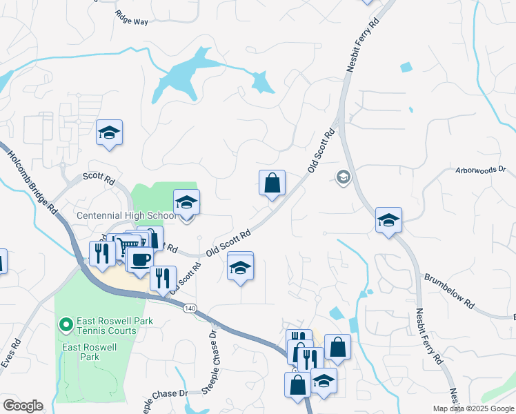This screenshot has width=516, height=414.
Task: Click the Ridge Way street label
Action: tap(131, 21)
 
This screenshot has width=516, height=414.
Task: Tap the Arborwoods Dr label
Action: tap(481, 169)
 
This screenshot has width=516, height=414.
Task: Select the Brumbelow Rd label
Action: tap(450, 290)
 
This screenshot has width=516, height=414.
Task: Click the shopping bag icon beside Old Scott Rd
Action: tap(272, 183)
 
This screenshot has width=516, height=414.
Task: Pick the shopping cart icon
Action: tap(127, 246)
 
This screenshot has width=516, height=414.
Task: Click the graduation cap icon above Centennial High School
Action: tap(186, 202)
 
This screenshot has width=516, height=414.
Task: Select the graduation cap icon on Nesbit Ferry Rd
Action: tap(388, 220)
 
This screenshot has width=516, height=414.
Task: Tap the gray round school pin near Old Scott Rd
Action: tap(342, 177)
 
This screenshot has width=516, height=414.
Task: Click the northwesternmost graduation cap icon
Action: tap(109, 132)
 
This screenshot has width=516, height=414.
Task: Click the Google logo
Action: tap(23, 406)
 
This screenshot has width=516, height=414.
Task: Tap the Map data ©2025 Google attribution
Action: tap(473, 408)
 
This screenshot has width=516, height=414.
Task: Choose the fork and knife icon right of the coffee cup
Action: tap(163, 278)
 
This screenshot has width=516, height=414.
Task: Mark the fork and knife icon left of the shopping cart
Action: tap(102, 253)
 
